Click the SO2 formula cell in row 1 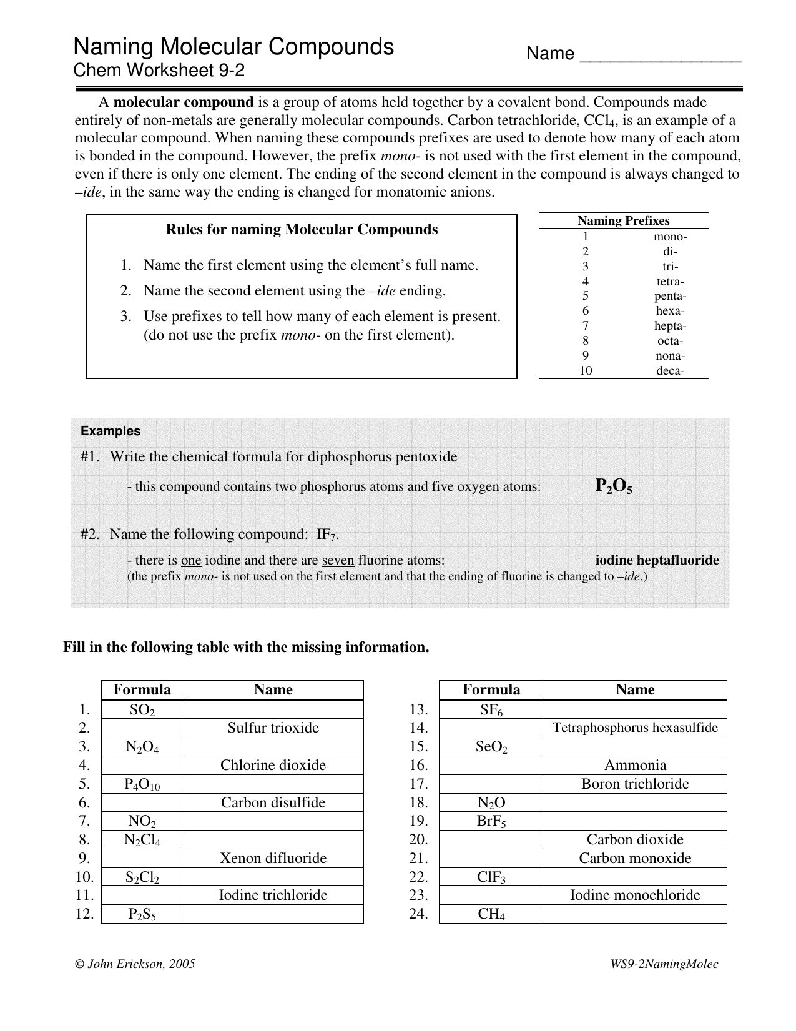tap(142, 710)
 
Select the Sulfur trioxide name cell tap(273, 728)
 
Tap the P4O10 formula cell tap(142, 784)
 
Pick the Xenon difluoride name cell tap(273, 859)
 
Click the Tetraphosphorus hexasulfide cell tap(635, 728)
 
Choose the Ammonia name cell tap(635, 766)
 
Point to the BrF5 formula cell tap(491, 822)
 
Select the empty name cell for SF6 tap(635, 710)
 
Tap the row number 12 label tap(84, 914)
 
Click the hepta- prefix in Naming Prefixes tap(670, 326)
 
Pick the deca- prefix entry tap(670, 371)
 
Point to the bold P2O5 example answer tap(614, 486)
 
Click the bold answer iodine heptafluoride tap(657, 560)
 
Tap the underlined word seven tap(338, 561)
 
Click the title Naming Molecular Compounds tap(233, 47)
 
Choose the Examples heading tap(111, 431)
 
